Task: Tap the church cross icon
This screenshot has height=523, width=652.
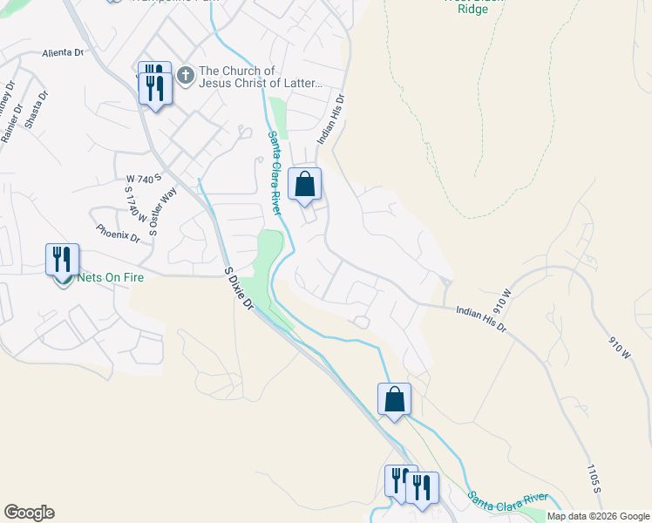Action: point(185,76)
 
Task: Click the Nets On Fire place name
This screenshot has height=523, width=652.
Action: point(110,277)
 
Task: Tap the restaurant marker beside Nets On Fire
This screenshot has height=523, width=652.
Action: point(62,260)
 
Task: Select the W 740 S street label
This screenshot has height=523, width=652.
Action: point(139,179)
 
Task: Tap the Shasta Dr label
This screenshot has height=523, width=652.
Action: point(36,111)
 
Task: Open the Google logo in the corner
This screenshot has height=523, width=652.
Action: point(29,513)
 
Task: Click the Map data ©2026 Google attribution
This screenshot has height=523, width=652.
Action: point(598,516)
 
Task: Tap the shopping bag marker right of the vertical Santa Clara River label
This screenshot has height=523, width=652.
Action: point(304,185)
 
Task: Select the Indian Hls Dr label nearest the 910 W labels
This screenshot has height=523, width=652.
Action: point(481,316)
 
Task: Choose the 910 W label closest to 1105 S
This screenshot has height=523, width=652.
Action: point(615,337)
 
